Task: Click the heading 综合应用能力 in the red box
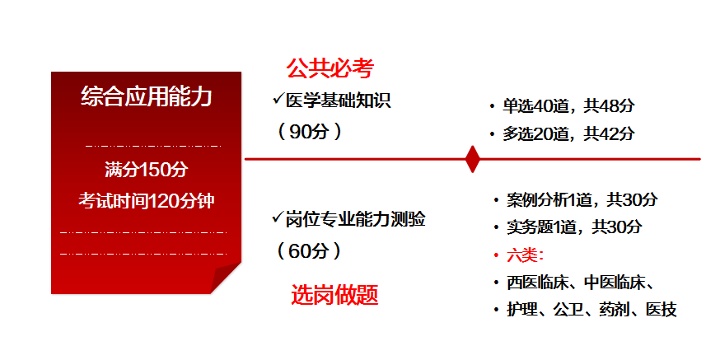click(147, 97)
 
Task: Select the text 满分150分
click(147, 170)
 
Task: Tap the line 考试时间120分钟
click(147, 200)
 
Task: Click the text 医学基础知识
click(338, 101)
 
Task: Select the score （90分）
click(309, 131)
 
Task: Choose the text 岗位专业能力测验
click(356, 219)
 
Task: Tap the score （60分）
click(309, 250)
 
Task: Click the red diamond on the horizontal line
click(472, 158)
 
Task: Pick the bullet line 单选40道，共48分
click(568, 105)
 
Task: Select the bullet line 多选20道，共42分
click(568, 133)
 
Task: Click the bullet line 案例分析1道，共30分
click(582, 199)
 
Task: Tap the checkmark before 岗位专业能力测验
click(278, 218)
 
